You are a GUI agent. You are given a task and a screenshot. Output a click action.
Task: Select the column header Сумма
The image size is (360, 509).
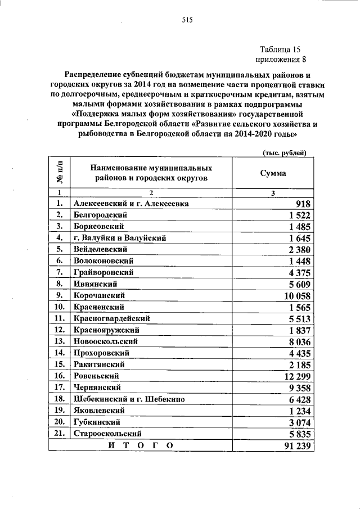[x=273, y=173]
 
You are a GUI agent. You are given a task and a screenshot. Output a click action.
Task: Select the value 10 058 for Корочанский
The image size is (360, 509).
[x=297, y=295]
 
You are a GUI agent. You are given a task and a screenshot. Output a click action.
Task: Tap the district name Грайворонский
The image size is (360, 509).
[x=103, y=272]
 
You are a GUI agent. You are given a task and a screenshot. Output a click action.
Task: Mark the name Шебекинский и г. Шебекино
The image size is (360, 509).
[x=129, y=399]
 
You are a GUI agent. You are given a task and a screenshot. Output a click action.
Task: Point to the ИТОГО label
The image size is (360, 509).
[x=140, y=445]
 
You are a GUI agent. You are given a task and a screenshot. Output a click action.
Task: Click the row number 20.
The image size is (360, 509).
[x=58, y=422]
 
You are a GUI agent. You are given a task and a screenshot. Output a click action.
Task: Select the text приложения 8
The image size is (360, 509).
[x=281, y=60]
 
